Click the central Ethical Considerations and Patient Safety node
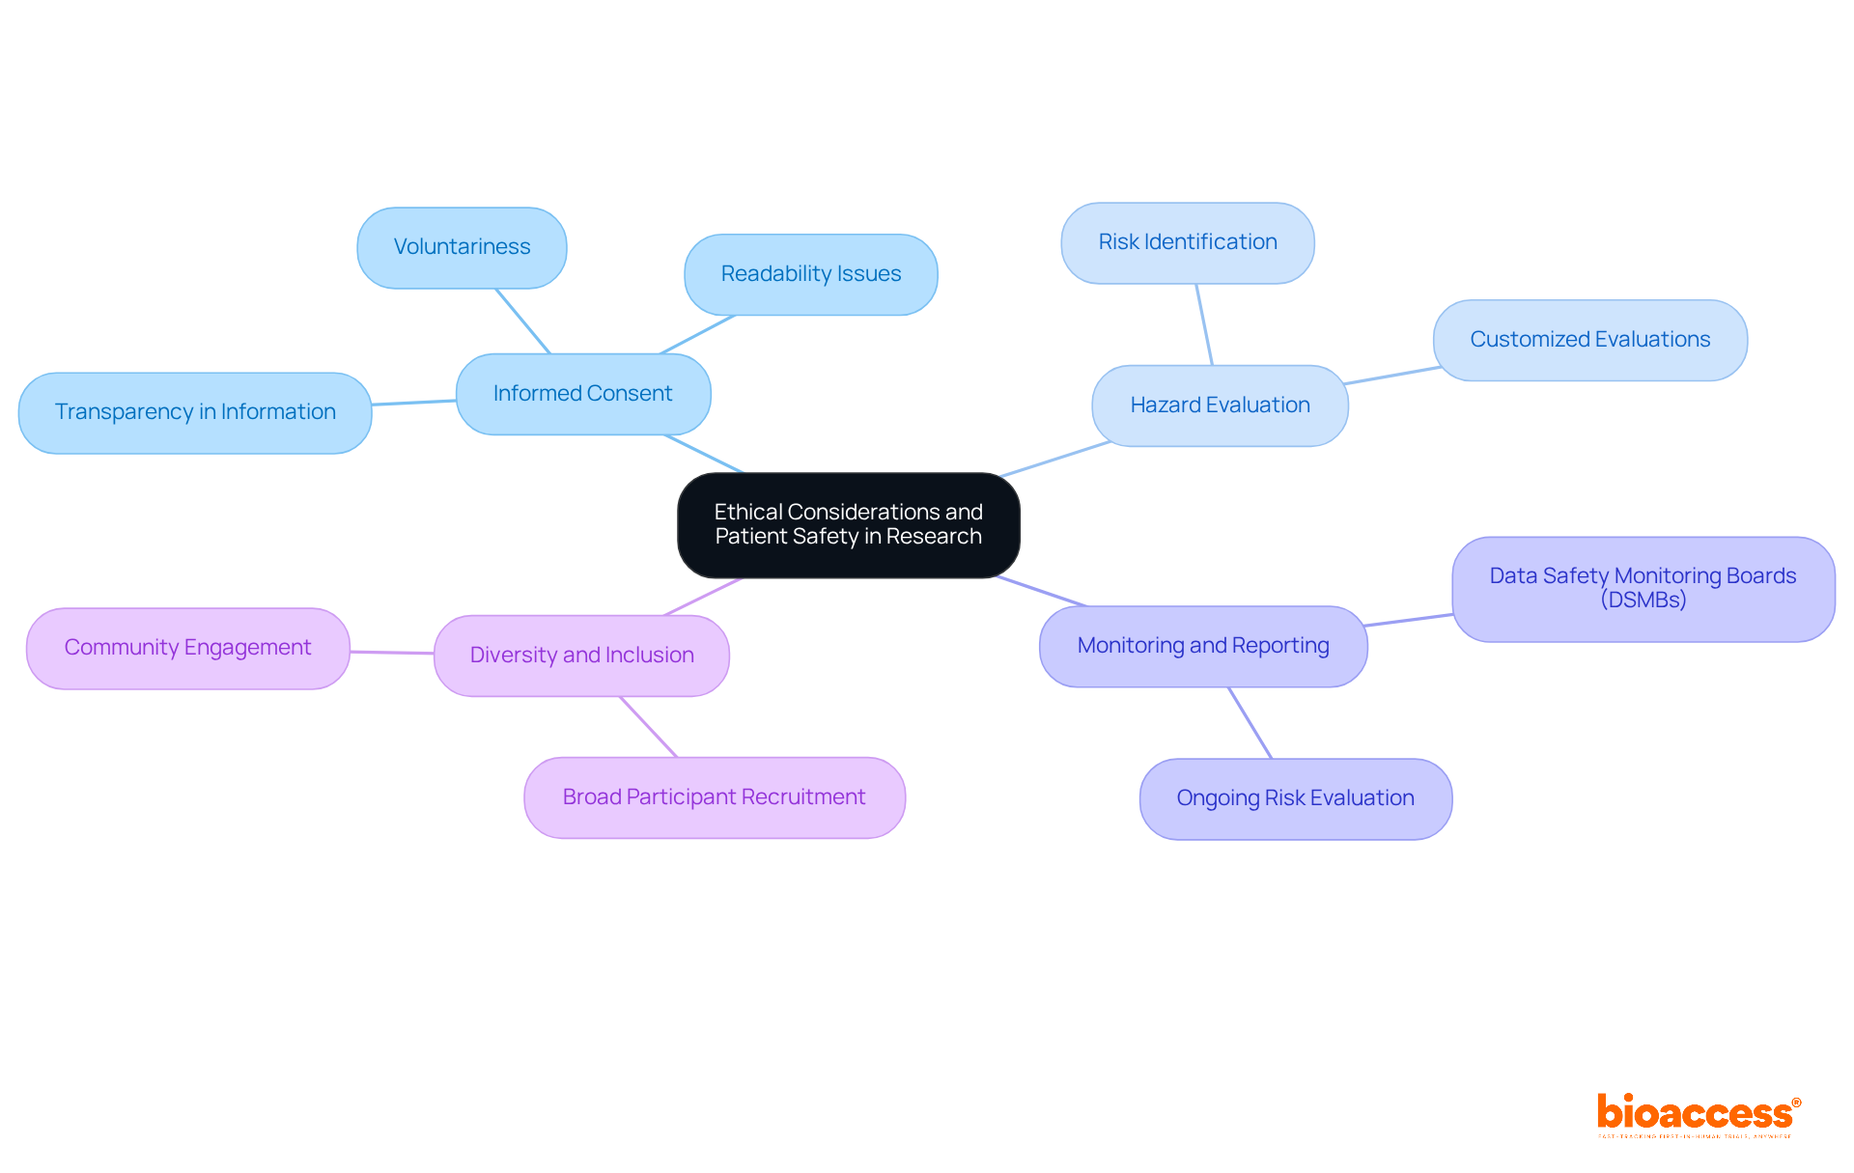click(848, 524)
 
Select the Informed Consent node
click(582, 394)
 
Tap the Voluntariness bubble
click(462, 247)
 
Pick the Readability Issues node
click(810, 274)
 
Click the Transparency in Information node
click(195, 412)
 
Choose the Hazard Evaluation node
click(1220, 405)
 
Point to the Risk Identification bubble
click(1187, 242)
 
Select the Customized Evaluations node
click(1589, 340)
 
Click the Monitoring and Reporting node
click(1202, 646)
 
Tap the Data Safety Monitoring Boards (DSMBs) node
click(1643, 588)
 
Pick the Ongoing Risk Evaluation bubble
click(1295, 798)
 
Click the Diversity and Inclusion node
click(581, 656)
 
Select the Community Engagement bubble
click(187, 648)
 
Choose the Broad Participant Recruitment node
click(714, 797)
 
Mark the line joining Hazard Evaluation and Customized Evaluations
click(1390, 376)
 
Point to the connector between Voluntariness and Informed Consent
click(522, 321)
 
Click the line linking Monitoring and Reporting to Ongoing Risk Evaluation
click(1250, 722)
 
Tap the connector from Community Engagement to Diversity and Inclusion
click(392, 653)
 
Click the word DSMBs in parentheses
click(1643, 600)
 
